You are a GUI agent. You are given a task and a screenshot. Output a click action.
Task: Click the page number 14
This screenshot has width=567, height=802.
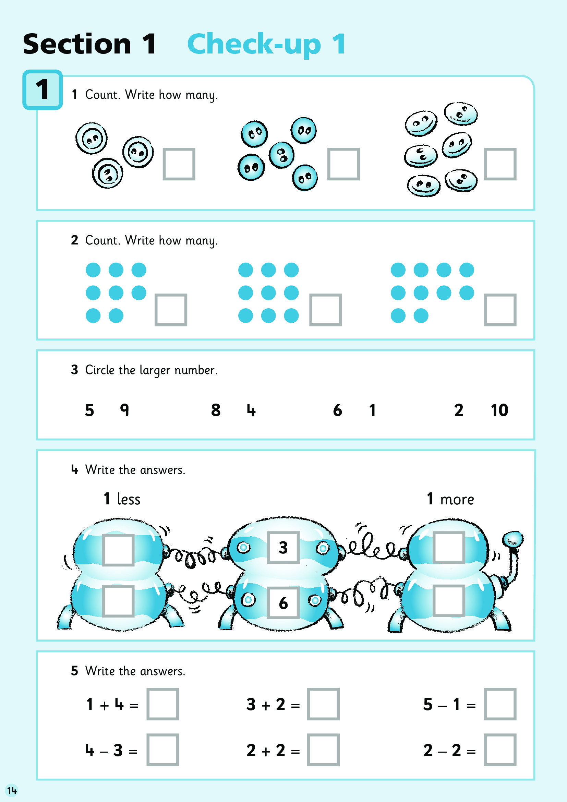[x=12, y=790]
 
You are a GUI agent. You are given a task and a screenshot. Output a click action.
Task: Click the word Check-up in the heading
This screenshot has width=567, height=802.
[x=254, y=45]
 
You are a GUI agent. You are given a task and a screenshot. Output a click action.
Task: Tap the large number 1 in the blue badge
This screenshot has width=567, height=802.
[x=43, y=89]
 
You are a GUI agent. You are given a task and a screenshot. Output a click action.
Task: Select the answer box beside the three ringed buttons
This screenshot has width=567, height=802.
[x=179, y=164]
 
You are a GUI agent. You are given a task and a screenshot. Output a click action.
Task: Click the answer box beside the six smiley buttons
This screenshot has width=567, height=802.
[x=500, y=164]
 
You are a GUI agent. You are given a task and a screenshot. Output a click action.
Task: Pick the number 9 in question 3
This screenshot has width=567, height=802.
[x=125, y=410]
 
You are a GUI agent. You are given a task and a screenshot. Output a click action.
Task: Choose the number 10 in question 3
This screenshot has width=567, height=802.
[x=499, y=410]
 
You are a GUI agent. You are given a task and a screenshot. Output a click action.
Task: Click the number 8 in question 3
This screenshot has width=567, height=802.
[x=216, y=410]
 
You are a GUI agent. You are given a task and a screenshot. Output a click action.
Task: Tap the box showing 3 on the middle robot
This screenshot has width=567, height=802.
[x=283, y=547]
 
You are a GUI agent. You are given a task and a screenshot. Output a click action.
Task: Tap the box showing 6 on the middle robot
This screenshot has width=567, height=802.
[x=283, y=602]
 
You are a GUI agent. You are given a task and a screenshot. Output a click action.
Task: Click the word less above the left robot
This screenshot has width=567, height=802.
[x=129, y=499]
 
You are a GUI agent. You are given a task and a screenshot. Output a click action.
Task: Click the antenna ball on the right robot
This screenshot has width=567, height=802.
[x=513, y=539]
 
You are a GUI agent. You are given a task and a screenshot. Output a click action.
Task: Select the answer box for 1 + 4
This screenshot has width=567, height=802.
[x=163, y=704]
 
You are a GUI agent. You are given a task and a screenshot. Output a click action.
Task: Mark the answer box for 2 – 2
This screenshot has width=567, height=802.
[x=500, y=750]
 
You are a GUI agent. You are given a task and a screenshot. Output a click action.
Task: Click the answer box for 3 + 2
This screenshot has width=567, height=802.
[x=323, y=704]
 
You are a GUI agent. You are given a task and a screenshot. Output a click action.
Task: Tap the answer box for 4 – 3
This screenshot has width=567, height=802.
[x=163, y=750]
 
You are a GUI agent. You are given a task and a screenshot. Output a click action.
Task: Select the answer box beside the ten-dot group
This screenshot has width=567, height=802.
[x=500, y=310]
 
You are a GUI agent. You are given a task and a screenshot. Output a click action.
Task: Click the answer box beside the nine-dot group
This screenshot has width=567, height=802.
[x=325, y=310]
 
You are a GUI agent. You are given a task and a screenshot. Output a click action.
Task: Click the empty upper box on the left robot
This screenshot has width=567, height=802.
[x=118, y=550]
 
